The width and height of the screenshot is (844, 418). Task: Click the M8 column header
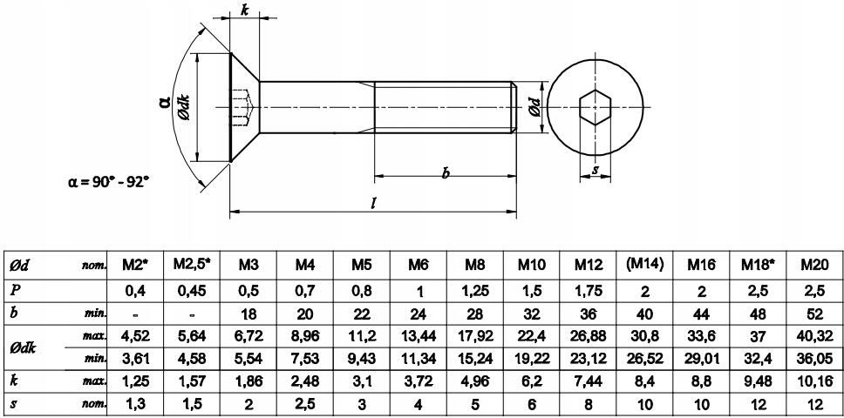point(475,265)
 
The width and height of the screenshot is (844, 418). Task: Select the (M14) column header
point(645,264)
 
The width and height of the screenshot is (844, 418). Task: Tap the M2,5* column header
point(192,265)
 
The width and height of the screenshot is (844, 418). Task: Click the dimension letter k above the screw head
point(245,10)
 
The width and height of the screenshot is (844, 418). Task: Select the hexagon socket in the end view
point(596,108)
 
